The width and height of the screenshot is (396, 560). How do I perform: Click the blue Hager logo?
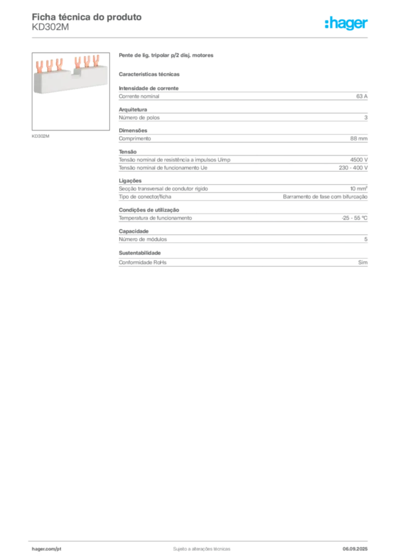coord(347,24)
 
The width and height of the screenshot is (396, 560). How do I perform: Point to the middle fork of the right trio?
coord(87,62)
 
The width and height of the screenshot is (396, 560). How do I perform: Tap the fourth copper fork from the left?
coord(78,61)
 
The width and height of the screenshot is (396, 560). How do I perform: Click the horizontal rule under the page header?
coord(201,37)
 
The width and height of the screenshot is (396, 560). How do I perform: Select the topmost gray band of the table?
coord(243,96)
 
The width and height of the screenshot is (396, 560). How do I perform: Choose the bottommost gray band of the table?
coord(243,263)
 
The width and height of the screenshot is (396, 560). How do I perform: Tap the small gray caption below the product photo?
coord(41,136)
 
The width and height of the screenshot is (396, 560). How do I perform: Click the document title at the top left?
coord(88,17)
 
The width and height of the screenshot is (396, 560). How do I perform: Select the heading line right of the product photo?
coord(166,56)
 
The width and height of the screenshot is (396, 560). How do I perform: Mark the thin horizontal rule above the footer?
coord(201,539)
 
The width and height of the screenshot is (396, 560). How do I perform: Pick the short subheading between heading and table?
coord(151,73)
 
